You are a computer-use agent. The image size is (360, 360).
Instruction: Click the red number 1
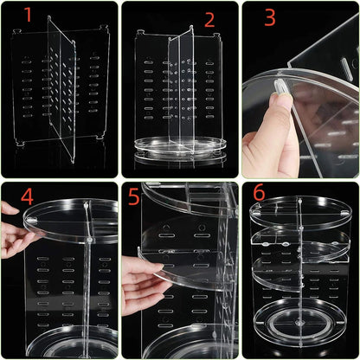coord(28,16)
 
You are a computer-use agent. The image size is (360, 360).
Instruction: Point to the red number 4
coord(28,196)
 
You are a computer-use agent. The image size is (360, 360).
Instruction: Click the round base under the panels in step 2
coord(177,147)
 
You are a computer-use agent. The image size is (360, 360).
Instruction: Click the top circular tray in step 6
coord(299,213)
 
